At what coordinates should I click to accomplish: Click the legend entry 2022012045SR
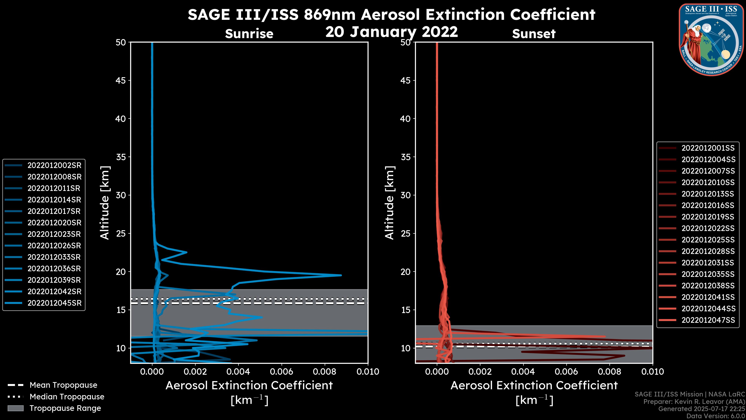click(54, 303)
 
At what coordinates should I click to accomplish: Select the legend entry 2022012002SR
click(54, 165)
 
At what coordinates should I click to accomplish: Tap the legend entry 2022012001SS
click(708, 148)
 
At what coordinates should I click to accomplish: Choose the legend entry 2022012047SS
click(708, 320)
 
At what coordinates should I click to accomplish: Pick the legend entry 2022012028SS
click(708, 251)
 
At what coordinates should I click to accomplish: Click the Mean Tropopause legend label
click(63, 385)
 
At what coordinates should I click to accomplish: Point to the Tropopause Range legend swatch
click(15, 408)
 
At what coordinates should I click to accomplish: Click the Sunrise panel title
click(249, 34)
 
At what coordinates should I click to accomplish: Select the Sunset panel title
click(534, 34)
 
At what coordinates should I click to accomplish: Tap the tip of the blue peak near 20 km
click(341, 275)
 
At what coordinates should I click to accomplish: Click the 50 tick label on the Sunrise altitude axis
click(121, 43)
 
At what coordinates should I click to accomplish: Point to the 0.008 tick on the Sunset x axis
click(610, 372)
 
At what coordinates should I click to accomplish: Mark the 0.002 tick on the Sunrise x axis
click(195, 372)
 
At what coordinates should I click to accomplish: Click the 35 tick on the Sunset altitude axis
click(405, 157)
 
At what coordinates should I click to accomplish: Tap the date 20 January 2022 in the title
click(391, 31)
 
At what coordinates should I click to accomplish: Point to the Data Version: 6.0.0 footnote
click(715, 416)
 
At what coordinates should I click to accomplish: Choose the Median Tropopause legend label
click(67, 396)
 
